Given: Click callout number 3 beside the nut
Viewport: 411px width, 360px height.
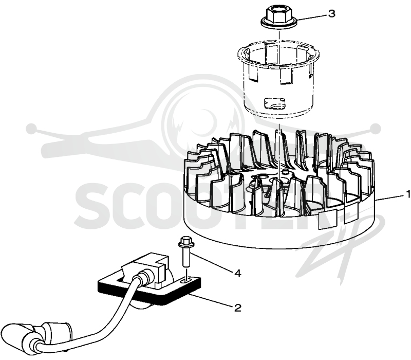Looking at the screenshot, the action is click(332, 14).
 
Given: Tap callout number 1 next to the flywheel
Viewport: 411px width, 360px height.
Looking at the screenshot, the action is click(408, 194).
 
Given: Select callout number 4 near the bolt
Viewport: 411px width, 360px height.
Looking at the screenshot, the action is click(237, 274).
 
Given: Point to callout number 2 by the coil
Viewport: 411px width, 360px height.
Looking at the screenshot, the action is click(237, 308).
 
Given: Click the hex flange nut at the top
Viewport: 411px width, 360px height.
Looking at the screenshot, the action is click(278, 17).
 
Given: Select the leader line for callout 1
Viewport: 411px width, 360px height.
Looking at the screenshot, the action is click(390, 197).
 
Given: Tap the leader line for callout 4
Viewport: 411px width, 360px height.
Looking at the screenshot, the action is click(213, 263).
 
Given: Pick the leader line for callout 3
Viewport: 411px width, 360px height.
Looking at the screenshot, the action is click(312, 16).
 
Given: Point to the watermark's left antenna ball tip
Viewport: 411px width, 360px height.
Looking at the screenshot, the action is click(31, 129).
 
